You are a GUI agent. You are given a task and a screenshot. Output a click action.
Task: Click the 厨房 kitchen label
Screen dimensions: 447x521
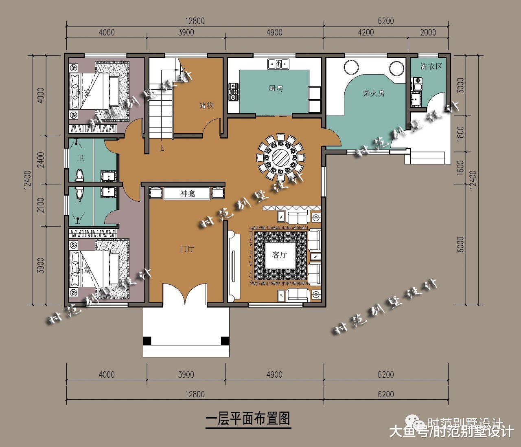pos(276,88)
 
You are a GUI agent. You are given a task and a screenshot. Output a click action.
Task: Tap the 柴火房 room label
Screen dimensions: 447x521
pos(374,93)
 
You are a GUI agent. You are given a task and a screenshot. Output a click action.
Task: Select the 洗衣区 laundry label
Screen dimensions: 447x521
pos(431,66)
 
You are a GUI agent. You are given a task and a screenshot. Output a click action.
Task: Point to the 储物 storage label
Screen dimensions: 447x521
pos(206,105)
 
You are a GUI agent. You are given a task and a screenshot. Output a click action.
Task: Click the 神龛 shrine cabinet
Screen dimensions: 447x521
pos(187,194)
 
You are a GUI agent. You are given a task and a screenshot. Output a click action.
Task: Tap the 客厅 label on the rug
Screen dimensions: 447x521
pos(280,255)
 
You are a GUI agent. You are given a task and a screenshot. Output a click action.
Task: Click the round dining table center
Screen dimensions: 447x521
pos(280,156)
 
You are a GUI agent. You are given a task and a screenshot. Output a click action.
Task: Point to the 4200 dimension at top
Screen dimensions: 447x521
pos(366,33)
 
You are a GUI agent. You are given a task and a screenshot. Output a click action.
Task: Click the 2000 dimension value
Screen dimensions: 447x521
pos(428,33)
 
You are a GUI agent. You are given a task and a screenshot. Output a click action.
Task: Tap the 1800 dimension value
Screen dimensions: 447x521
pos(460,134)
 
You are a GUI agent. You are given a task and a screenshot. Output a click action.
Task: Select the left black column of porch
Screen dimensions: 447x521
pos(147,341)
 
